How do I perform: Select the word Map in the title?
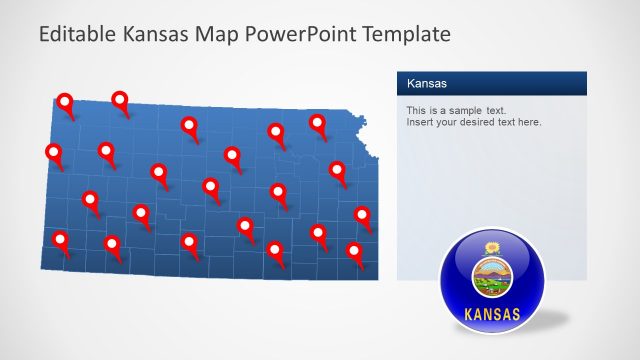pyautogui.click(x=226, y=35)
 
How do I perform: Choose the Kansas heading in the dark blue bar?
pyautogui.click(x=426, y=83)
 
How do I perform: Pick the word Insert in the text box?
pyautogui.click(x=420, y=122)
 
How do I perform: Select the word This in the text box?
pyautogui.click(x=416, y=109)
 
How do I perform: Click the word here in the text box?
pyautogui.click(x=528, y=122)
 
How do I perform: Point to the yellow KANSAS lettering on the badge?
pyautogui.click(x=492, y=315)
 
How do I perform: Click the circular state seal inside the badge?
pyautogui.click(x=491, y=275)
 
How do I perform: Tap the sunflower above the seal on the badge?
pyautogui.click(x=491, y=247)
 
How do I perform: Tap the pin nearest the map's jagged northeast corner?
pyautogui.click(x=318, y=123)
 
